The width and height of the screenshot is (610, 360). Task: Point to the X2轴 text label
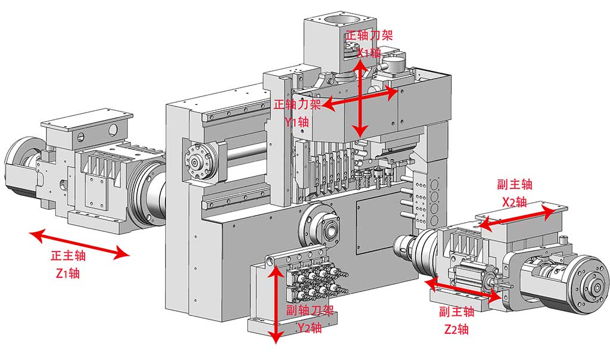(514, 201)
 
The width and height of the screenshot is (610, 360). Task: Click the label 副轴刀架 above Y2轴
(310, 310)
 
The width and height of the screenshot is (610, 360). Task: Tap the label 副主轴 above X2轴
(514, 184)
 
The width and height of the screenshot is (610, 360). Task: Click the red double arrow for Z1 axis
(80, 244)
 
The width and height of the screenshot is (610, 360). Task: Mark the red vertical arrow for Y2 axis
(275, 303)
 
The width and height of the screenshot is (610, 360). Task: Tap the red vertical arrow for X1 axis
(359, 93)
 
